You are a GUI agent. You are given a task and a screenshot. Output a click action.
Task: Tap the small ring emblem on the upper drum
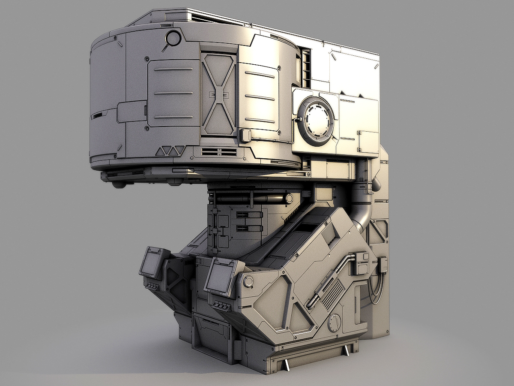(x=173, y=39)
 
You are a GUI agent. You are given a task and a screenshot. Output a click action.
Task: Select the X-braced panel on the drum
(x=218, y=94)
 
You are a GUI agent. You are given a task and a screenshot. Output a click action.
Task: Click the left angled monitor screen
(x=151, y=262)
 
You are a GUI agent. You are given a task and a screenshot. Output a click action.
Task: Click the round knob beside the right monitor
(x=248, y=281)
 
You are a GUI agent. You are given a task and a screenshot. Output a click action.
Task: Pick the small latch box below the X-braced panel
(x=245, y=136)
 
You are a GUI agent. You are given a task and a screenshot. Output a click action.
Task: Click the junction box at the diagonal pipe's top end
(x=359, y=262)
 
